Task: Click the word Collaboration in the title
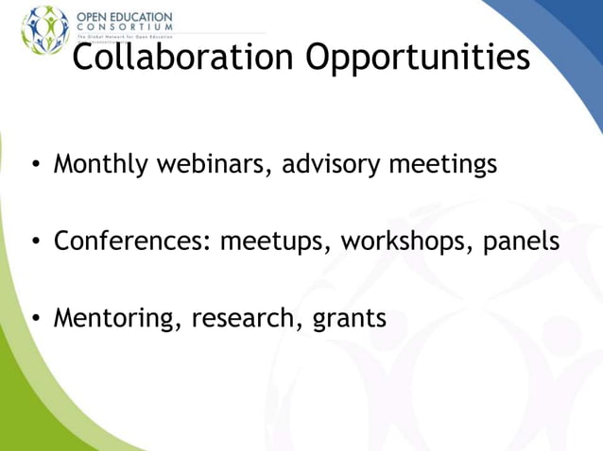183,58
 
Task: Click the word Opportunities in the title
417,59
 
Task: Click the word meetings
443,165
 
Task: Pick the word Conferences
131,241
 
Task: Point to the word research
245,318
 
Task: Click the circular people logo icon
44,28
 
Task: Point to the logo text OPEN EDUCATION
124,17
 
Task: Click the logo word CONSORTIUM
124,27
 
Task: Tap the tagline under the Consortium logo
124,37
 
